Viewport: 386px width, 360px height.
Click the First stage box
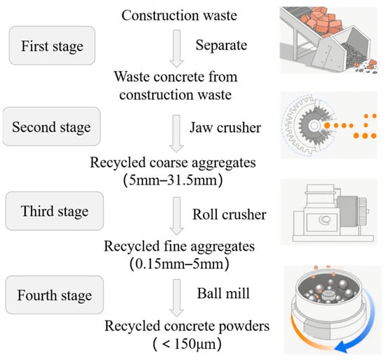click(52, 46)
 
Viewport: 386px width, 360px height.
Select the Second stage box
click(51, 126)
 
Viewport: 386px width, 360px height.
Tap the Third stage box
click(55, 211)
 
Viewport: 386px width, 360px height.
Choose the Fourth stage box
click(55, 295)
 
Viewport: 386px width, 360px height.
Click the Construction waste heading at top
click(179, 15)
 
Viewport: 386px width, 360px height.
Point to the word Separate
click(221, 46)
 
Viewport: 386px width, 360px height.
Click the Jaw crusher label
click(225, 128)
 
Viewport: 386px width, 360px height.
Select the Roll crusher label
click(229, 214)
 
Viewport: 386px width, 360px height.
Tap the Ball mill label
click(223, 293)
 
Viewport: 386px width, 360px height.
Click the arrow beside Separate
click(177, 48)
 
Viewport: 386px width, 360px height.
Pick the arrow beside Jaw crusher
click(176, 133)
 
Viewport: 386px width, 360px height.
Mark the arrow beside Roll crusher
click(177, 216)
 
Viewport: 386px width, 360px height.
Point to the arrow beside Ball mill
click(177, 298)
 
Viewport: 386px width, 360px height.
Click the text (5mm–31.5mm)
click(173, 180)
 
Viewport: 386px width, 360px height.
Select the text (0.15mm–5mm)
click(179, 264)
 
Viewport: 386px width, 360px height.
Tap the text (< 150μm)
click(187, 344)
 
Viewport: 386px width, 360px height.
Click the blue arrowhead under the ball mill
click(342, 347)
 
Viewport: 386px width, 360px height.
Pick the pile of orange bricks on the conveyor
click(320, 21)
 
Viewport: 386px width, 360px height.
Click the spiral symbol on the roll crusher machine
click(324, 220)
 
